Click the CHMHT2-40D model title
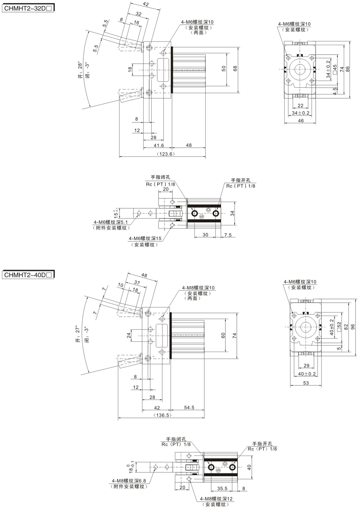click(28, 275)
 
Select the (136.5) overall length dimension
click(163, 415)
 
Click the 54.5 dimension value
click(189, 407)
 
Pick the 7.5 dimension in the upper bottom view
click(228, 235)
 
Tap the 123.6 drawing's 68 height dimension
click(235, 69)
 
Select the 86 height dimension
click(347, 69)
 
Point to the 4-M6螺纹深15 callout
click(145, 238)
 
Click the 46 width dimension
click(301, 121)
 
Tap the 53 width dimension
click(306, 383)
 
